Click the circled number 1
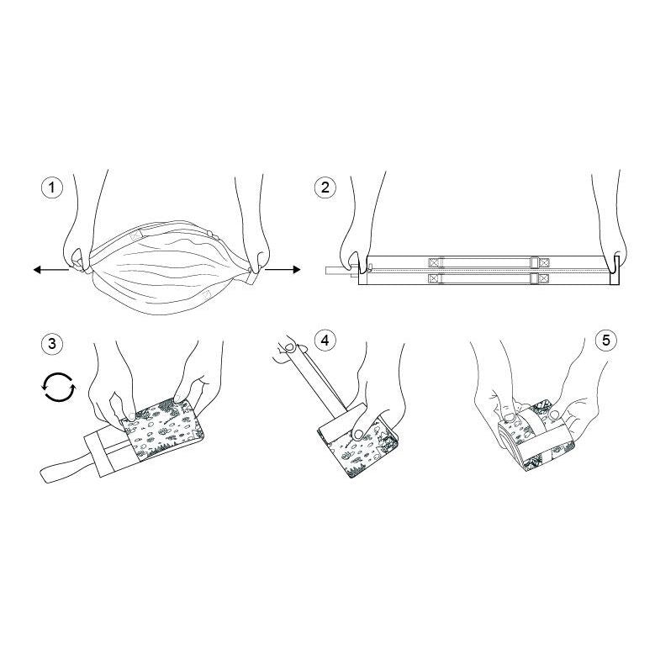(52, 188)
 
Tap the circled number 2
(325, 188)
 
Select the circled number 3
(52, 344)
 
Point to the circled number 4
(325, 341)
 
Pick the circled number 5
(606, 341)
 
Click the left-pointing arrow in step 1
(51, 270)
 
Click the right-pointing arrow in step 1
(283, 269)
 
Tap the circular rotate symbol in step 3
(59, 388)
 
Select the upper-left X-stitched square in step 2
(435, 262)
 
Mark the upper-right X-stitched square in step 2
(543, 262)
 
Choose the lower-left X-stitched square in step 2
(435, 278)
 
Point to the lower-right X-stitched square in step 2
(543, 278)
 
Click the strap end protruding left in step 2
(338, 271)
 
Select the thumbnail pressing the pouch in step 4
(358, 435)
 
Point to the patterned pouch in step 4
(360, 446)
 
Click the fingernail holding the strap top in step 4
(289, 346)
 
